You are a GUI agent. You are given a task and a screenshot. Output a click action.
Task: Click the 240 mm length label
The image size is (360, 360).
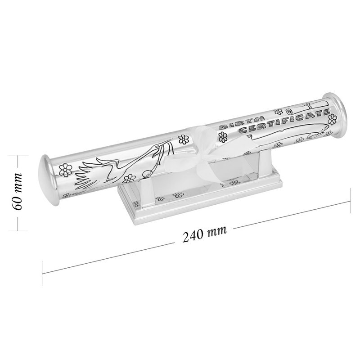pos(205,234)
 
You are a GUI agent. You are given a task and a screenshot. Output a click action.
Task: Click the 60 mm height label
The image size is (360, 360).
pos(18,191)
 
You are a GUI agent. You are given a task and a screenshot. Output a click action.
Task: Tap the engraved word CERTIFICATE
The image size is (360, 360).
pos(284,121)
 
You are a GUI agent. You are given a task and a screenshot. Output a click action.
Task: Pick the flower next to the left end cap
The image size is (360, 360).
pos(65,170)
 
